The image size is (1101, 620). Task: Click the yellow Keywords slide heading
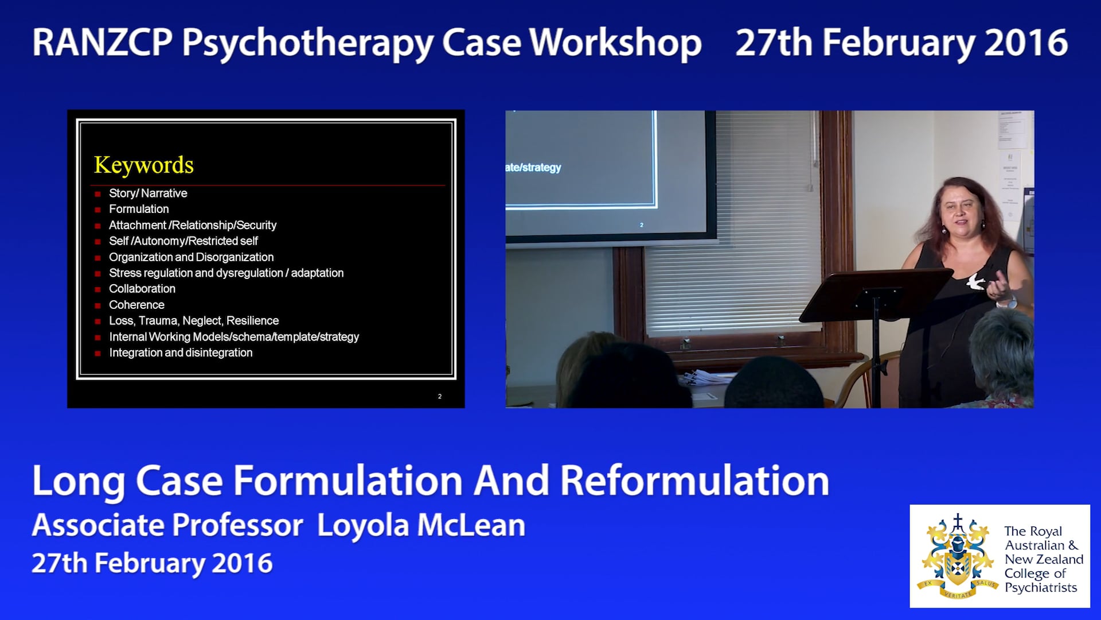pyautogui.click(x=144, y=165)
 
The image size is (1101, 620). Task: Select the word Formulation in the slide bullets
pyautogui.click(x=139, y=209)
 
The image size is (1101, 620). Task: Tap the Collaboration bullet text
pyautogui.click(x=142, y=289)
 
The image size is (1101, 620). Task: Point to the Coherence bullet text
pyautogui.click(x=136, y=305)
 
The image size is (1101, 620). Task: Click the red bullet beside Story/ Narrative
pyautogui.click(x=97, y=194)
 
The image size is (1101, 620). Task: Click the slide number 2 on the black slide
pyautogui.click(x=440, y=396)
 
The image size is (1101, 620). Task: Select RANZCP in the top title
pyautogui.click(x=102, y=43)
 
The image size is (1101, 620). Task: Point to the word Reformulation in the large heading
pyautogui.click(x=694, y=480)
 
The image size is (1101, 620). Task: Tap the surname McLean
pyautogui.click(x=471, y=525)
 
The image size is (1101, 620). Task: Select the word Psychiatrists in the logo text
pyautogui.click(x=1041, y=587)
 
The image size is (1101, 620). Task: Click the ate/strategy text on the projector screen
pyautogui.click(x=533, y=168)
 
